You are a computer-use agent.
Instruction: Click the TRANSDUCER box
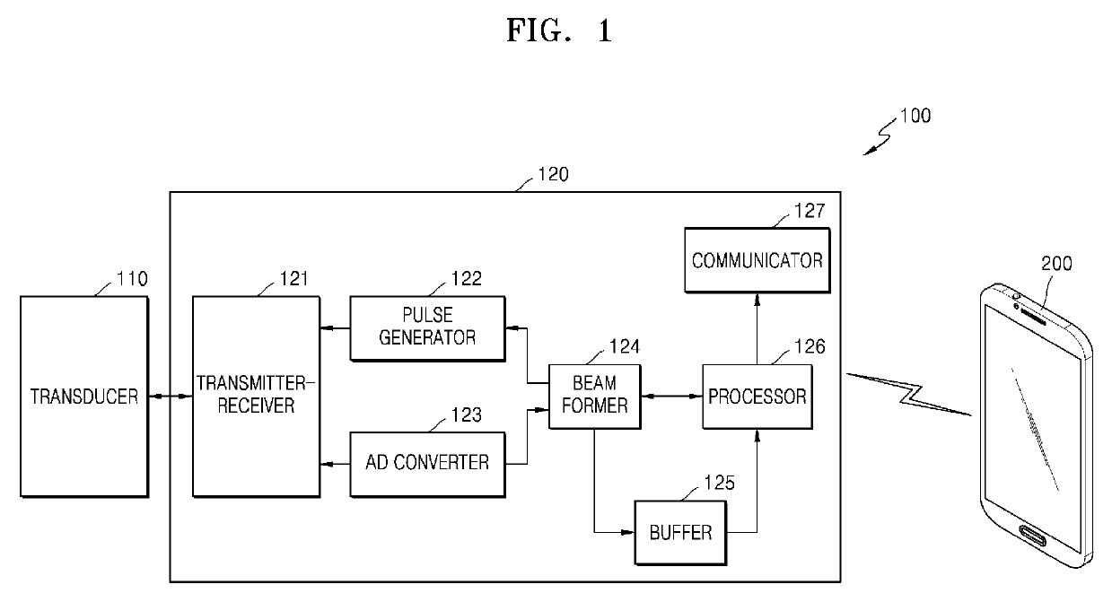(84, 397)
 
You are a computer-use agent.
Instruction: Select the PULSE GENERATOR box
(427, 328)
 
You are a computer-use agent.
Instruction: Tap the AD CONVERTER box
(427, 464)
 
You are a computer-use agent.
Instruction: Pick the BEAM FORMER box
(595, 397)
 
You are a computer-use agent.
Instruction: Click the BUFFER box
(680, 533)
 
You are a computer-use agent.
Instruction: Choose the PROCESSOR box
(757, 397)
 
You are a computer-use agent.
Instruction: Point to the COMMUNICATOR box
(757, 260)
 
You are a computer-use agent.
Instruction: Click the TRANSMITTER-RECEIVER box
(256, 397)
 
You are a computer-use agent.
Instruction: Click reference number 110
(132, 279)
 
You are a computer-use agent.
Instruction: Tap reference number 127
(810, 211)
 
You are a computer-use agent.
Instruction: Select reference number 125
(719, 483)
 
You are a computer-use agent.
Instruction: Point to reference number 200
(1056, 264)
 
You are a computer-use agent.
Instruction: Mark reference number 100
(915, 116)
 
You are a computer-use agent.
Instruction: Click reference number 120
(553, 175)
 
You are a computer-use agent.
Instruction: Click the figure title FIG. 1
(559, 31)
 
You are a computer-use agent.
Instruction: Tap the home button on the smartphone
(1033, 536)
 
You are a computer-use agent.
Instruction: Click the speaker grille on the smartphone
(1034, 317)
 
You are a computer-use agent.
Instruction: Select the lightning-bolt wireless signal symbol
(908, 395)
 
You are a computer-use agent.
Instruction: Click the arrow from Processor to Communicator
(757, 329)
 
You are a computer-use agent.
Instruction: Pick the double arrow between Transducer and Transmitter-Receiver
(171, 396)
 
